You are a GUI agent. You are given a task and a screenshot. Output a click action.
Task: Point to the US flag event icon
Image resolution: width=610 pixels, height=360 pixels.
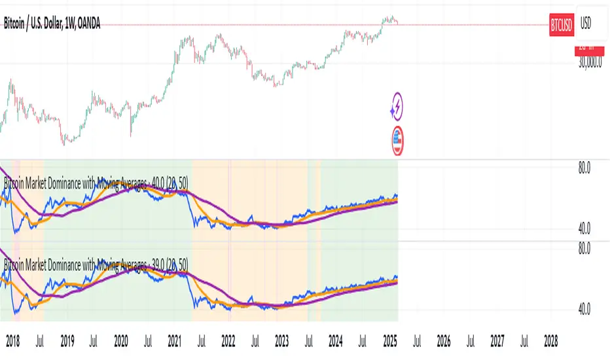tap(396, 141)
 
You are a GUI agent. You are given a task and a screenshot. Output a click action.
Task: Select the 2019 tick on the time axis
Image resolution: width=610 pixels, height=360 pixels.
tap(67, 340)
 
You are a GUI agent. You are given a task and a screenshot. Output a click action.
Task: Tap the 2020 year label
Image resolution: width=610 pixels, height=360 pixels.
tap(121, 340)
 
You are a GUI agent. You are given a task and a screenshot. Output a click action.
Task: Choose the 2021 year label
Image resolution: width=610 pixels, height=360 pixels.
tap(175, 340)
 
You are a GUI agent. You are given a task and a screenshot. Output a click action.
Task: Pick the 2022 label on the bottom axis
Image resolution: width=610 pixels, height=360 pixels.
tap(228, 340)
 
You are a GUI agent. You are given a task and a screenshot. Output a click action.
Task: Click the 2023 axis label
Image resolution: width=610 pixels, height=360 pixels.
tap(282, 340)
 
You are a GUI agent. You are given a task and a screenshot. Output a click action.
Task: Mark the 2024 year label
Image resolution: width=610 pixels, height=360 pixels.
tap(336, 340)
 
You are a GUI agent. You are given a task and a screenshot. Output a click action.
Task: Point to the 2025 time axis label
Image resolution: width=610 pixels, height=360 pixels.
tap(389, 340)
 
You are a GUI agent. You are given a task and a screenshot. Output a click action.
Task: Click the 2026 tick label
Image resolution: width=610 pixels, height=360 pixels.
tap(444, 340)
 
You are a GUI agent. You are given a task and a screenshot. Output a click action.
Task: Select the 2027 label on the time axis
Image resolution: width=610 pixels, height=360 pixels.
tap(497, 340)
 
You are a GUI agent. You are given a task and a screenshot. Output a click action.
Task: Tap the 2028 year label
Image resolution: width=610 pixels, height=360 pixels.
tap(551, 340)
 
